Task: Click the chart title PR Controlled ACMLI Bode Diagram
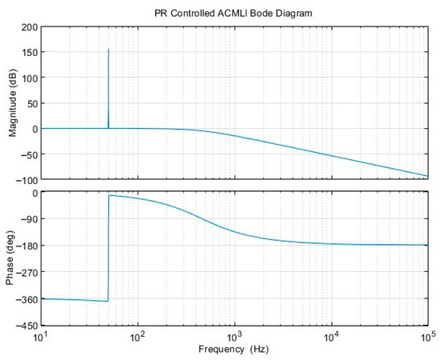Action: pos(233,13)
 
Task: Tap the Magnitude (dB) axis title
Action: pos(13,102)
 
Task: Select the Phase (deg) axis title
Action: pos(10,258)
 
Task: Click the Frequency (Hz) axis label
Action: pos(234,350)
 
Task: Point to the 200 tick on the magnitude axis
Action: pos(29,27)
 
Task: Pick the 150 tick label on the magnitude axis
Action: pos(29,53)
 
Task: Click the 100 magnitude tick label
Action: pos(29,78)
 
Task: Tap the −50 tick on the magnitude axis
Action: pos(27,154)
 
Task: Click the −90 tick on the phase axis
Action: pos(27,218)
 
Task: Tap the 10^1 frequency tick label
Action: pos(41,336)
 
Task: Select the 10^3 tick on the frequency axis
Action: pos(235,336)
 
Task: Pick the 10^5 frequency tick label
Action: pos(428,336)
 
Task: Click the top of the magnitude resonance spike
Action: pos(108,49)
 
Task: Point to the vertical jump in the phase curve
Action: pos(108,248)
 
